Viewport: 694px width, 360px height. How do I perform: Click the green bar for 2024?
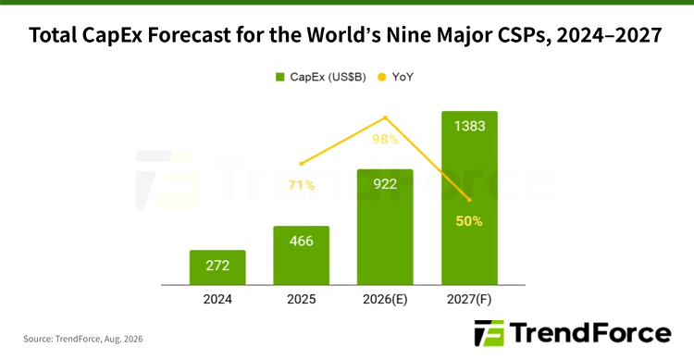(x=217, y=267)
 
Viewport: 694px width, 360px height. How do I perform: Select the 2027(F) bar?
(x=469, y=198)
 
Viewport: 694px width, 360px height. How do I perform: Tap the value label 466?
(x=302, y=241)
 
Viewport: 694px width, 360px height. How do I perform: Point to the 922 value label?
(x=385, y=184)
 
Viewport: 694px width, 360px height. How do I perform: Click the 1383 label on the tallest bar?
(x=469, y=126)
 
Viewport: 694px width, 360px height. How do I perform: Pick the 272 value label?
(x=217, y=266)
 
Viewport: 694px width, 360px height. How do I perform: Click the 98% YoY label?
(x=385, y=139)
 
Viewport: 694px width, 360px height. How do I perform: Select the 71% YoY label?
(x=302, y=185)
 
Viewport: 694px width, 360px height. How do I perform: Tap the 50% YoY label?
(x=469, y=221)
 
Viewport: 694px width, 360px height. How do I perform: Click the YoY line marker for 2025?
(x=302, y=164)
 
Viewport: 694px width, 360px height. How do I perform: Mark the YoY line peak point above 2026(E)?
(x=386, y=118)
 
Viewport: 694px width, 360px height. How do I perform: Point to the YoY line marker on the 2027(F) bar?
(x=469, y=200)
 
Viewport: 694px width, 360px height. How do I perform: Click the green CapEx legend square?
(x=279, y=77)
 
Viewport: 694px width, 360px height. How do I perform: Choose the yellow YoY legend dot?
(x=382, y=77)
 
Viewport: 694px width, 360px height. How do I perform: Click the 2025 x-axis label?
(x=302, y=299)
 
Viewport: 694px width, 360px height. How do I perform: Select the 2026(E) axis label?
(x=385, y=299)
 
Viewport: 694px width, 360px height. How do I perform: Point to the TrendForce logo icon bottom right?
(x=489, y=333)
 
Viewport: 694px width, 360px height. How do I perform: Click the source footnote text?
(x=83, y=340)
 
